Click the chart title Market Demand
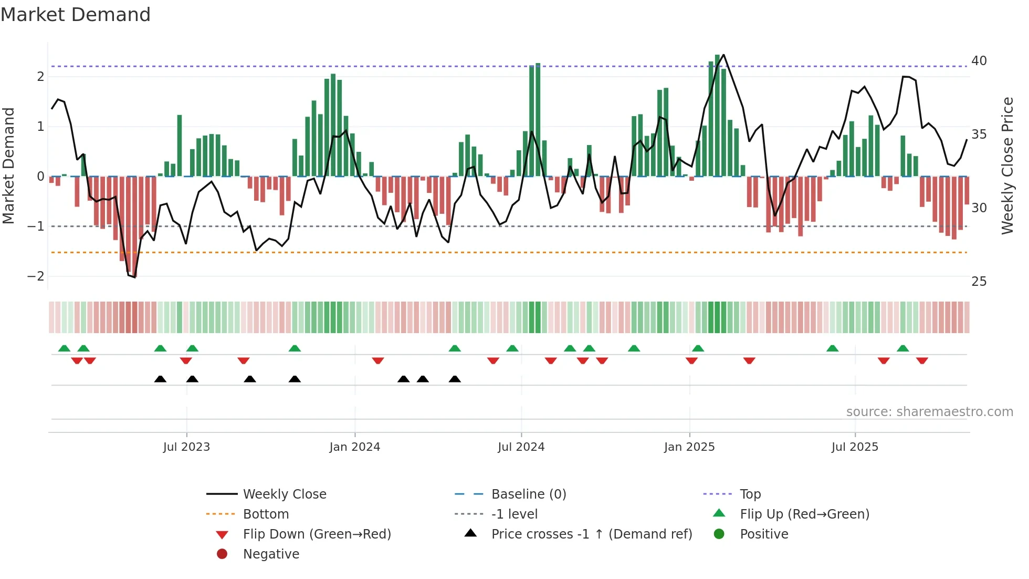[76, 15]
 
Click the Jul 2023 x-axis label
[186, 447]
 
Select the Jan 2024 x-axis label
[355, 447]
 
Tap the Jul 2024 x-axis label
[521, 447]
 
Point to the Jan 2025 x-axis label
[689, 447]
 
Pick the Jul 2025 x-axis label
[855, 447]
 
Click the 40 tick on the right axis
[979, 61]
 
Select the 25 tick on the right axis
[979, 282]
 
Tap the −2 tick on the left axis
[36, 276]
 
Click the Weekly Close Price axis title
[1007, 166]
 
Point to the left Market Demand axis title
[9, 166]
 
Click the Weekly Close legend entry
[285, 494]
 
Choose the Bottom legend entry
[266, 514]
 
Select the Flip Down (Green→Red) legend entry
[317, 534]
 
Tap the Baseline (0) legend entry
[529, 494]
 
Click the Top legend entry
[750, 494]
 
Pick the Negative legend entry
[271, 554]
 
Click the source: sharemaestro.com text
[929, 412]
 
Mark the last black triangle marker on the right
[455, 379]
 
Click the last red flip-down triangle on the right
[922, 360]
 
